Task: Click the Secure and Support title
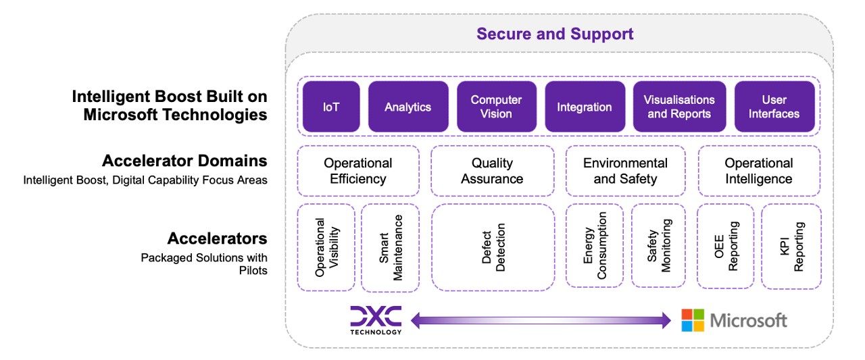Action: [x=555, y=34]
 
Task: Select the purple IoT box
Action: [x=330, y=107]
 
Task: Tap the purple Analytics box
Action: [x=407, y=107]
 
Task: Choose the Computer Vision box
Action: [x=496, y=107]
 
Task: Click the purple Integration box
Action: [x=584, y=107]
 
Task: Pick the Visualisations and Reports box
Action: [x=678, y=107]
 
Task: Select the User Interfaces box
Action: [x=774, y=107]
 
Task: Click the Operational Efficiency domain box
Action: [x=357, y=171]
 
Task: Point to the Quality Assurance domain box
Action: [x=491, y=171]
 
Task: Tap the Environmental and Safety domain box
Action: [x=625, y=171]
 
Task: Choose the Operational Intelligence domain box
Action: [x=758, y=171]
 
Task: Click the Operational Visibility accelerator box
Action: [x=326, y=247]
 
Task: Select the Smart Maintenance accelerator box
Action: [x=390, y=247]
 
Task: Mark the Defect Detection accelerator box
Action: [x=493, y=247]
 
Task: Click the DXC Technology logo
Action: [x=376, y=319]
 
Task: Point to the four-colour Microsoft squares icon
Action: [x=692, y=320]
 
